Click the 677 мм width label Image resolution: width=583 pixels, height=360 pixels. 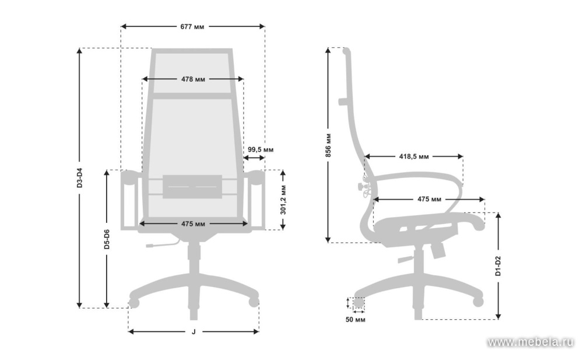[192, 27]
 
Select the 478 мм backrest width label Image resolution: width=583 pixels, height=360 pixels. [193, 79]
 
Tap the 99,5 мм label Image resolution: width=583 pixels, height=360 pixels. [261, 149]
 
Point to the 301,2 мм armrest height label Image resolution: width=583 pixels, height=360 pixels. [283, 200]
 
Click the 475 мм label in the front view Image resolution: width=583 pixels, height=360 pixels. [193, 224]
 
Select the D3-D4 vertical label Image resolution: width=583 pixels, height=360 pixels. [79, 177]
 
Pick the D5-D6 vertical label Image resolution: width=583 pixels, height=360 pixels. [107, 239]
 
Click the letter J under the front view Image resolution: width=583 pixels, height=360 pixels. [194, 332]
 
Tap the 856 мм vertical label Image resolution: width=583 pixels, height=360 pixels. [328, 145]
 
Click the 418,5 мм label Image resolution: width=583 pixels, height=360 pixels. [414, 157]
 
